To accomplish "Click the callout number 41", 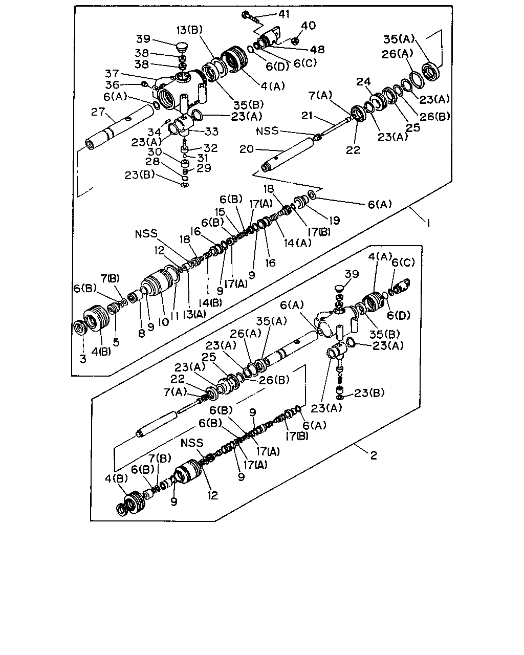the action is click(284, 14).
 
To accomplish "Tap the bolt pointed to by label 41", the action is click(251, 17).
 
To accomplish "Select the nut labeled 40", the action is click(294, 40).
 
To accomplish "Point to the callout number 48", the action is click(317, 49).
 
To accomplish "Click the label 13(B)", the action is click(190, 30).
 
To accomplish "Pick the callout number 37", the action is click(112, 73).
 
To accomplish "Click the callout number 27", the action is click(98, 112).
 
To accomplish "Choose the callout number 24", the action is click(363, 81).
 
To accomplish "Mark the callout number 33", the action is click(211, 132).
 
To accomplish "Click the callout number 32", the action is click(211, 148).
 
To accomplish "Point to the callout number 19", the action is click(334, 220).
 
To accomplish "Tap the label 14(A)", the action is click(297, 243).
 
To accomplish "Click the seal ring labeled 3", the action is click(81, 328).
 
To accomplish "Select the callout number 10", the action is click(164, 322).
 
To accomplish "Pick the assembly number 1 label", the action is click(429, 224).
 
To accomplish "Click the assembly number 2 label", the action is click(374, 455).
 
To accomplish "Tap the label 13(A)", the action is click(194, 314).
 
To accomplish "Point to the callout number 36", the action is click(112, 85).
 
